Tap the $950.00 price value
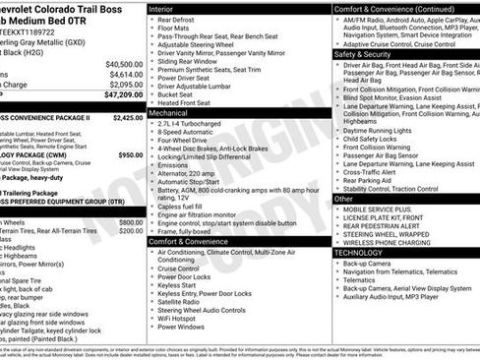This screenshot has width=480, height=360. pos(130,154)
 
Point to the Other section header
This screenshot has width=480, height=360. pos(344,199)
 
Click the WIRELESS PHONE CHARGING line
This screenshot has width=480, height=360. pos(387,242)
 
